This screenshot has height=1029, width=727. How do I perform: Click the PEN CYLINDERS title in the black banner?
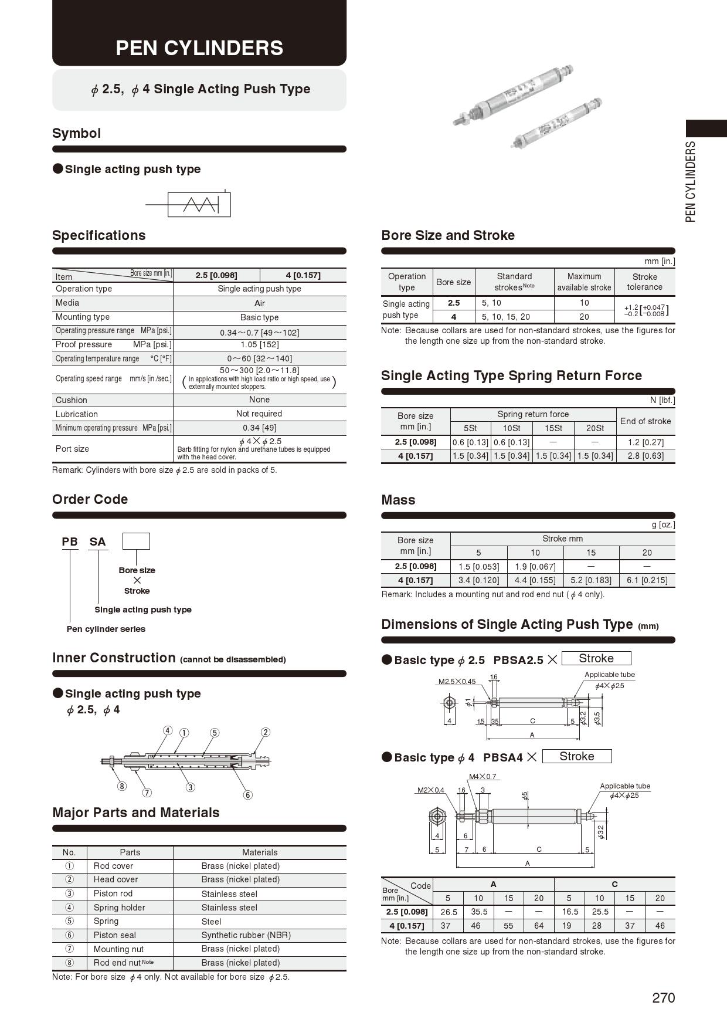[199, 48]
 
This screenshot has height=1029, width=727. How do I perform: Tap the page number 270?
[663, 998]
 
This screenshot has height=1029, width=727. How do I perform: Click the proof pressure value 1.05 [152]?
[259, 345]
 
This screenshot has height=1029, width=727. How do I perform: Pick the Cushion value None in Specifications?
[259, 400]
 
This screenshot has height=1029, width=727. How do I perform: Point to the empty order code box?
[136, 541]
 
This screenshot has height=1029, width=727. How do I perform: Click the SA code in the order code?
[97, 542]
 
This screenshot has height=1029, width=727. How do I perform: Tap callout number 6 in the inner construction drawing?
[248, 795]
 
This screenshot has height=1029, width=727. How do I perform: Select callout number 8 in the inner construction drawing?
[122, 786]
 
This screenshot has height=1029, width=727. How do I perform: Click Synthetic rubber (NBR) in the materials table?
[246, 935]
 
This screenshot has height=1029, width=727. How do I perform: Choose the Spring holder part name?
[119, 908]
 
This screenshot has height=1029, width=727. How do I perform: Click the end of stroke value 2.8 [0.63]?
[645, 456]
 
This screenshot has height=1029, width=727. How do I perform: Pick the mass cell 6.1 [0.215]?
[647, 580]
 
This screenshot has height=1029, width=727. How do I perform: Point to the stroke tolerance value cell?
[645, 310]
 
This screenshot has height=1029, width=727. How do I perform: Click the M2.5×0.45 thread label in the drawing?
[457, 682]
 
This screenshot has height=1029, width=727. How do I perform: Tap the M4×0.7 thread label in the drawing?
[483, 777]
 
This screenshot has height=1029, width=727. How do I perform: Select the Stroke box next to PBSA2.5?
[596, 658]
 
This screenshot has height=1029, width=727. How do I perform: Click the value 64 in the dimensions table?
[538, 926]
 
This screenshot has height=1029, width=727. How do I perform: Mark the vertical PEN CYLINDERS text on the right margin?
[691, 181]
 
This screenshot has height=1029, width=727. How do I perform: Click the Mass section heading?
[398, 500]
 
